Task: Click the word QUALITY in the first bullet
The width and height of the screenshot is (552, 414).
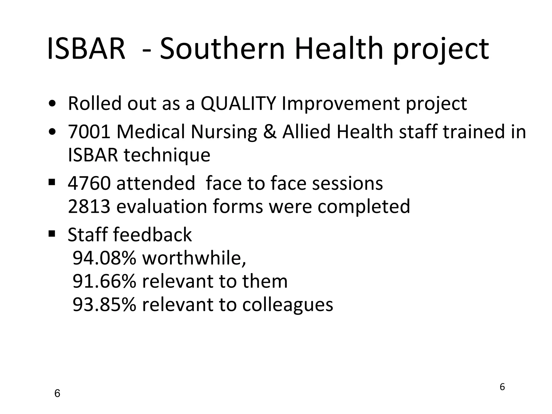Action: click(238, 103)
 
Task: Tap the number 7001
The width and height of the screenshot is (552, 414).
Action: click(89, 132)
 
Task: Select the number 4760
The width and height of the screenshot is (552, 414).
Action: click(89, 183)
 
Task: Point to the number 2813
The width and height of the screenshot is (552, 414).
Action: click(89, 206)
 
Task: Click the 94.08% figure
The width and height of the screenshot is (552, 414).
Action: click(105, 258)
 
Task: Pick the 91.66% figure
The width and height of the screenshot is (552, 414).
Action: click(105, 281)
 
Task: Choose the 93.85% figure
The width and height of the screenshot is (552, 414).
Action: click(105, 305)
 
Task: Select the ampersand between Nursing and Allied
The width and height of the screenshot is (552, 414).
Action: click(270, 132)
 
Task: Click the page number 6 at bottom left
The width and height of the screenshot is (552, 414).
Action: click(57, 394)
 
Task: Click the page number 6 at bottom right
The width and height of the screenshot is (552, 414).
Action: click(502, 387)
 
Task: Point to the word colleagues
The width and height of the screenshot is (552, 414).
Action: click(288, 305)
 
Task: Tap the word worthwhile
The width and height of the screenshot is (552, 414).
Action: click(194, 258)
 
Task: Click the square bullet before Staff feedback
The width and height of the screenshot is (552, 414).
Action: click(52, 233)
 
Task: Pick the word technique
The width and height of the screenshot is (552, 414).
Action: click(167, 156)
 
